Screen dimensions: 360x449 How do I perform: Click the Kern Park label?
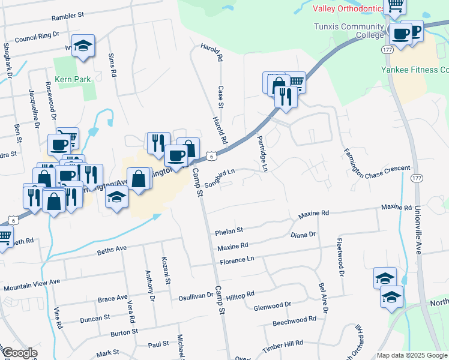tap(72, 79)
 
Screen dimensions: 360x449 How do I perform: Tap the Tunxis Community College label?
tap(348, 31)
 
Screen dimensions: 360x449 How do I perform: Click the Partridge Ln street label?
tap(261, 153)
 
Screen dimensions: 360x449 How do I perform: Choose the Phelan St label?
tap(229, 230)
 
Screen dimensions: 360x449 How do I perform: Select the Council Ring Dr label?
tap(38, 37)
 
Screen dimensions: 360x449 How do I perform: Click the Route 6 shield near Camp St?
tap(211, 156)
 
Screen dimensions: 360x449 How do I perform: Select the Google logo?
tap(20, 353)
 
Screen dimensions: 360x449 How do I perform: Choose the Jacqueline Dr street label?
tap(33, 108)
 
